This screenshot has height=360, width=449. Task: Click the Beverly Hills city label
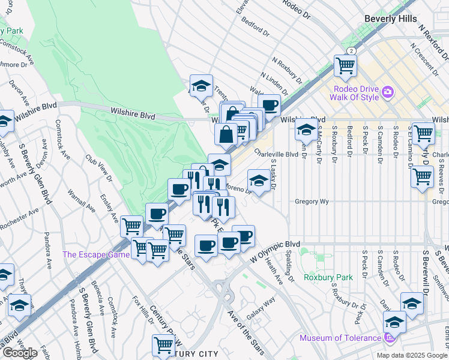pos(390,19)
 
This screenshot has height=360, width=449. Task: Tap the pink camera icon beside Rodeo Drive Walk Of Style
pos(388,92)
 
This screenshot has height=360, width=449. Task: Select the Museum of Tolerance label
pos(340,338)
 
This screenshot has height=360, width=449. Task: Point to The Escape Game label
pos(96,254)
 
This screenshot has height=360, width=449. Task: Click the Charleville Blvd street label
pos(276,154)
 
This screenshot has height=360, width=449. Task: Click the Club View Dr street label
pos(100,170)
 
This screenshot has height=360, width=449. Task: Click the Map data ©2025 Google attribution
pos(411,355)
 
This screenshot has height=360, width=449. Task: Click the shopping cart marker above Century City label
pos(163,344)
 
